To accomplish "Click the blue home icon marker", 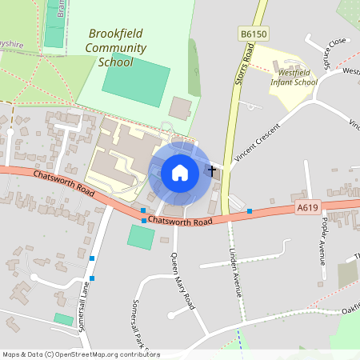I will (180, 172).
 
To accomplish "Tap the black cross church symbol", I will (212, 170).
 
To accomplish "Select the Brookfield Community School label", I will (117, 48).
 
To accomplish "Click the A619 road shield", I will (308, 206).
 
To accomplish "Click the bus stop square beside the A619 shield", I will (250, 211).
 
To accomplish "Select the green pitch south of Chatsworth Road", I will (141, 237).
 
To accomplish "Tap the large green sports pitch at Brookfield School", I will (136, 80).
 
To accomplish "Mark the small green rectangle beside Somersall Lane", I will (63, 318).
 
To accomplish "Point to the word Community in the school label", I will (117, 48).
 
